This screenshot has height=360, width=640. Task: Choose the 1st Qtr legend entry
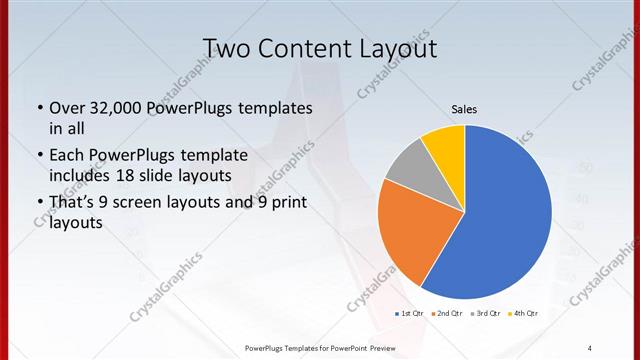click(409, 314)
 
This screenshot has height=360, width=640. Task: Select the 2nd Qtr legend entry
click(446, 314)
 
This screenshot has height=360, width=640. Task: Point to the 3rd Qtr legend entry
click(485, 314)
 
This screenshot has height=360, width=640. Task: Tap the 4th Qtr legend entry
click(523, 314)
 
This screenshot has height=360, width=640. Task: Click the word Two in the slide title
click(228, 48)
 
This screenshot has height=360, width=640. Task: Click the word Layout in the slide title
click(397, 48)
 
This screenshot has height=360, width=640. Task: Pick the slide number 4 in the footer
click(589, 347)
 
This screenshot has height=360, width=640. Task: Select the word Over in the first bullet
click(67, 108)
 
